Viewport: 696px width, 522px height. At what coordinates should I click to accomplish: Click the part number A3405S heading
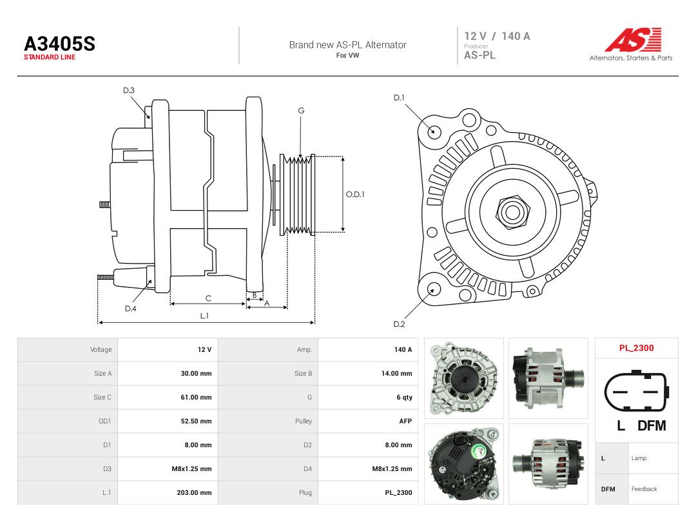point(59,44)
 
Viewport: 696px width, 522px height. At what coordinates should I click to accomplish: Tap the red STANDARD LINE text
point(50,57)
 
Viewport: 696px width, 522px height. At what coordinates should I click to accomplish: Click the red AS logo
point(633,39)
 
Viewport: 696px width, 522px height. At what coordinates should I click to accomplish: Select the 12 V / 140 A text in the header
point(497,36)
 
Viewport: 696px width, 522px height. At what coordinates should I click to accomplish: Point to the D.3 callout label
point(129,91)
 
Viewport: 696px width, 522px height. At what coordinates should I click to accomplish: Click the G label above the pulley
point(301,111)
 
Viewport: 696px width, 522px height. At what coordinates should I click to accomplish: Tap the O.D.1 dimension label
point(355,195)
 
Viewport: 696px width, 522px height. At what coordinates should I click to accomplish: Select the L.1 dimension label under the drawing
point(204,316)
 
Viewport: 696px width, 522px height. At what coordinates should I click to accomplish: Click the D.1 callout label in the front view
point(399,98)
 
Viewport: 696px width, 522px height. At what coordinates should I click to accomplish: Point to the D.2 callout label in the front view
point(399,324)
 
